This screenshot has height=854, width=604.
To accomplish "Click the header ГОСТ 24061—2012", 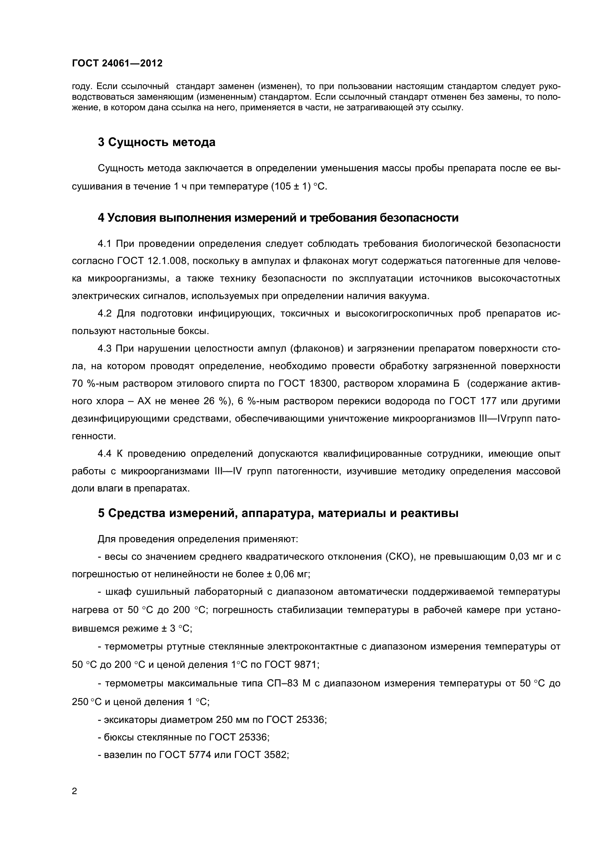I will tap(117, 63).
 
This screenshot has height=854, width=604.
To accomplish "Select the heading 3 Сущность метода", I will tap(157, 142).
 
